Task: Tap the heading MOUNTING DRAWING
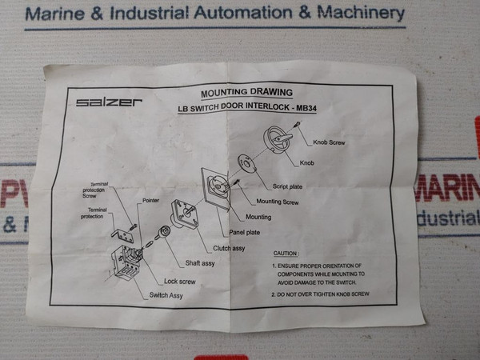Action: pos(242,92)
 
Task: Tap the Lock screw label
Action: pos(179,281)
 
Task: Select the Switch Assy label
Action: pos(166,296)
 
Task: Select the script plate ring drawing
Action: pos(247,166)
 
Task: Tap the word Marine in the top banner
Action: pos(56,14)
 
